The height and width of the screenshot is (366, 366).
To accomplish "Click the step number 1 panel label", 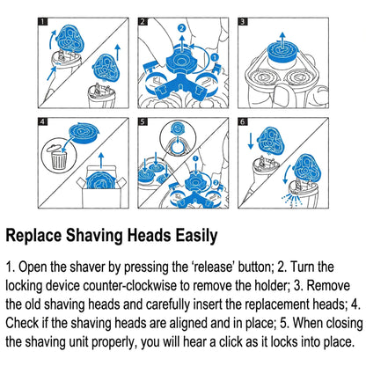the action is (43, 22).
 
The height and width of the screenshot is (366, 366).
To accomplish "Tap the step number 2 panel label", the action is (143, 22).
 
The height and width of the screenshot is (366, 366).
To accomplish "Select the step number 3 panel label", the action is (243, 22).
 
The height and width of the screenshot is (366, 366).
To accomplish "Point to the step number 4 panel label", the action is (43, 121).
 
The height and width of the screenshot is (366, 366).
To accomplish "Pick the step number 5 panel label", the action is (143, 121).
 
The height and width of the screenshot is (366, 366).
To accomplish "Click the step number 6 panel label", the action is (243, 121).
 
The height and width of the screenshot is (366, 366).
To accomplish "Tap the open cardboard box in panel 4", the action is (101, 187).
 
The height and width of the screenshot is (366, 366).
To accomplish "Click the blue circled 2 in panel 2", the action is (182, 28).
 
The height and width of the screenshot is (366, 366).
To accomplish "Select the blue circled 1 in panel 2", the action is (215, 57).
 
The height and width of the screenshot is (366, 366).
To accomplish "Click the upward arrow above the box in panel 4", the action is (101, 160).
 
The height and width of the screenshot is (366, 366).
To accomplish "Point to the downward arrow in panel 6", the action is (250, 141).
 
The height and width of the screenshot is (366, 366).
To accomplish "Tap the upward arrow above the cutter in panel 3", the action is (282, 40).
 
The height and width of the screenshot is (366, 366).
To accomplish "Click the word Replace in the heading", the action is (33, 236).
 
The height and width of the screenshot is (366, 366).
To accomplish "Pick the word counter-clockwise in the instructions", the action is (130, 286).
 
